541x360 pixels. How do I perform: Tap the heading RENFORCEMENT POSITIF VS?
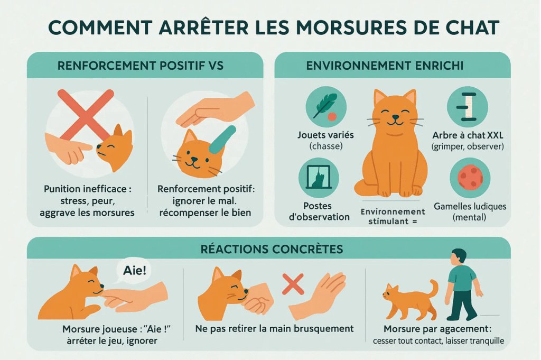click(141, 66)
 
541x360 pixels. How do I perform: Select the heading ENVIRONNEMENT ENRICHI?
click(392, 66)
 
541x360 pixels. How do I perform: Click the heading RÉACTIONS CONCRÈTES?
click(272, 248)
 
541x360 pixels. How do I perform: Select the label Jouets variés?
click(325, 135)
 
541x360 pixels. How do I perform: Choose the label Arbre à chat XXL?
click(467, 135)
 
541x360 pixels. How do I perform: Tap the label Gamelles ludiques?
click(469, 206)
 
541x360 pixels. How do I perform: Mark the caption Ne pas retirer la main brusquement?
click(274, 328)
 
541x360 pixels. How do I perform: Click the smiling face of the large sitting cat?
click(394, 117)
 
